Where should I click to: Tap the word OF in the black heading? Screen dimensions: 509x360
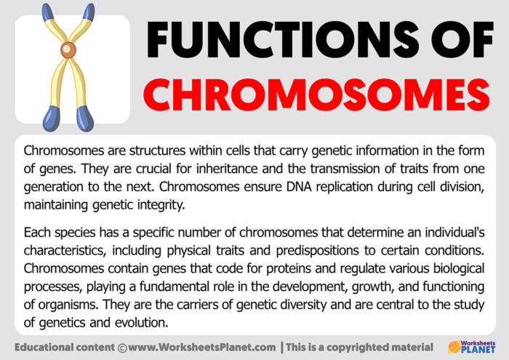(462, 39)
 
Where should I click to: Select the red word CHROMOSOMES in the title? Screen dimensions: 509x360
(316, 95)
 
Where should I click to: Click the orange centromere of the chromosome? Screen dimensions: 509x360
(68, 50)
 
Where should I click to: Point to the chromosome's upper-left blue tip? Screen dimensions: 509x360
(48, 12)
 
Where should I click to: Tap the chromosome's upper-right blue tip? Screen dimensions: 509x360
(89, 12)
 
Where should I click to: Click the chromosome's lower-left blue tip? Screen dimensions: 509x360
(52, 119)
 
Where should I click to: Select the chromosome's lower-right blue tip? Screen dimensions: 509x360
(85, 119)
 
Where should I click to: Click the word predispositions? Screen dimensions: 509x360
(318, 251)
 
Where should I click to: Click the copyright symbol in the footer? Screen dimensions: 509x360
(122, 348)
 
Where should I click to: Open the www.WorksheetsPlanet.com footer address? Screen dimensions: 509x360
(202, 348)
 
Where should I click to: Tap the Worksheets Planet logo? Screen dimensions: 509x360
(472, 347)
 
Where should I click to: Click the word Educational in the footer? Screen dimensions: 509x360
(41, 348)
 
